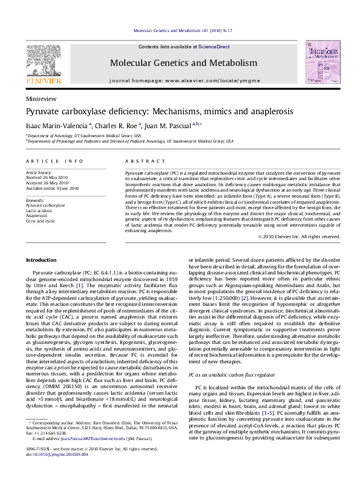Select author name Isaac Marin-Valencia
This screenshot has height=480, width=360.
57,126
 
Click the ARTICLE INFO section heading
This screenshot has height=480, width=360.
54,161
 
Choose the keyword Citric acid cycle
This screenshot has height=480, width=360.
40,221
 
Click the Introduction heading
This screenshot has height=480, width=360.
41,260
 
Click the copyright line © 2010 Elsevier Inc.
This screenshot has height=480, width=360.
299,236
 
